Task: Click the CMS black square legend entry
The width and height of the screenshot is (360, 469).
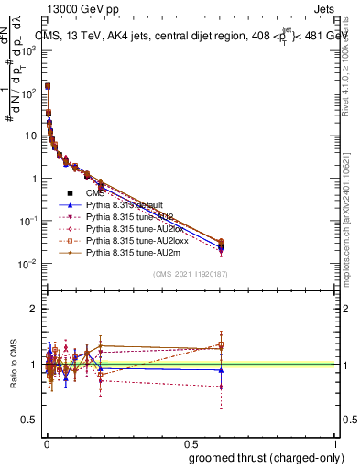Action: pos(70,193)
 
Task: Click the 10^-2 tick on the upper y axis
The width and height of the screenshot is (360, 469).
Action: pos(28,264)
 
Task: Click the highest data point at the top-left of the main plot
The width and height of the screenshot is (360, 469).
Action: pos(48,86)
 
